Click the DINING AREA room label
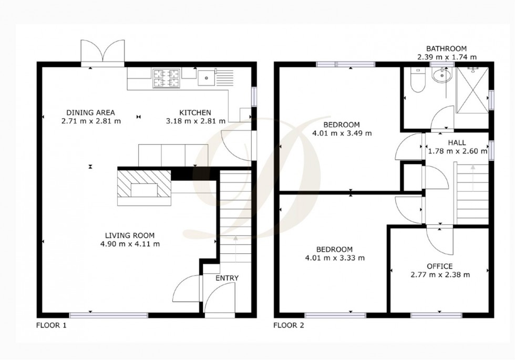pyautogui.click(x=90, y=112)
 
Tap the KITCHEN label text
pyautogui.click(x=195, y=112)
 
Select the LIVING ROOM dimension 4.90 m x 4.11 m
pyautogui.click(x=129, y=244)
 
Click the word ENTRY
pyautogui.click(x=227, y=278)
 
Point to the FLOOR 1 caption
pyautogui.click(x=51, y=325)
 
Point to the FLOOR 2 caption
pyautogui.click(x=289, y=325)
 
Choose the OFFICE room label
pyautogui.click(x=440, y=266)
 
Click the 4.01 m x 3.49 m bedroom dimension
pyautogui.click(x=342, y=133)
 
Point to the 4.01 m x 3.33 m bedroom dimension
pyautogui.click(x=334, y=258)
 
